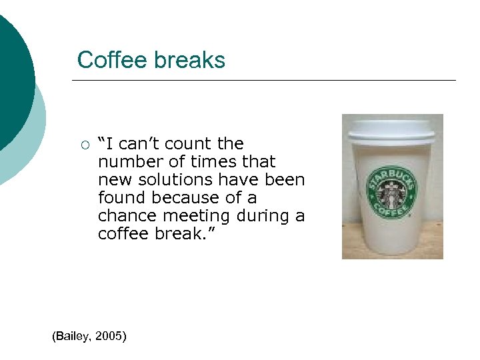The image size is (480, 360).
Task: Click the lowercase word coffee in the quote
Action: (123, 234)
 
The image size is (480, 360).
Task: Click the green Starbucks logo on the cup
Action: (391, 191)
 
